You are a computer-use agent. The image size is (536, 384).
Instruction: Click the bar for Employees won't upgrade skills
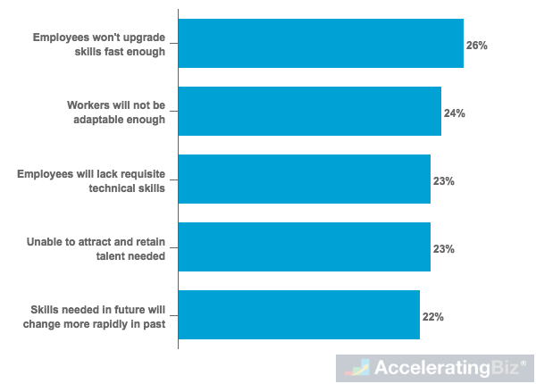pyautogui.click(x=321, y=44)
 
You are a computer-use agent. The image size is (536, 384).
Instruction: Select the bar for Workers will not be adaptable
pyautogui.click(x=310, y=112)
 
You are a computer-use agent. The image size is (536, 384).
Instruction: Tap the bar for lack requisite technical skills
pyautogui.click(x=305, y=179)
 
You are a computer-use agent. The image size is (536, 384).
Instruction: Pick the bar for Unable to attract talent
pyautogui.click(x=305, y=247)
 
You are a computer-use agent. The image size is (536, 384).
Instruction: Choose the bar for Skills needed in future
pyautogui.click(x=299, y=315)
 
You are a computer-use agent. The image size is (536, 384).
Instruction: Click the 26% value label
pyautogui.click(x=477, y=45)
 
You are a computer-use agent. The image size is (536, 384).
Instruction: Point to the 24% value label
pyautogui.click(x=455, y=113)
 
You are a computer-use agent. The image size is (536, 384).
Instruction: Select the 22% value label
pyautogui.click(x=433, y=316)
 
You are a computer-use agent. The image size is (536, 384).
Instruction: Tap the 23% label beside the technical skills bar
pyautogui.click(x=444, y=181)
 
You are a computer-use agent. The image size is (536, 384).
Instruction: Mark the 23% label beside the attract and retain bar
pyautogui.click(x=444, y=249)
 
